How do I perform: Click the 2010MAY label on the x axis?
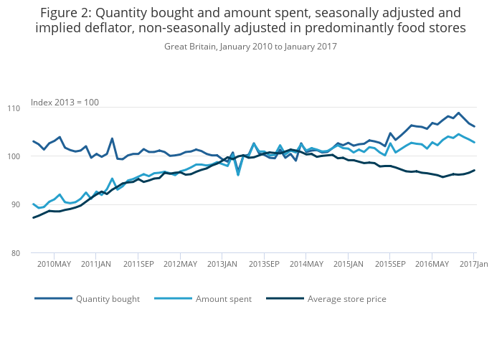(55, 265)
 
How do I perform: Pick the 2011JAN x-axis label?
(97, 265)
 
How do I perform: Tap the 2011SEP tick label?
(139, 265)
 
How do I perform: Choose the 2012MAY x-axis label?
(181, 265)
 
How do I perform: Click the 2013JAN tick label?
(222, 265)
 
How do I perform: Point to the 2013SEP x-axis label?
(265, 265)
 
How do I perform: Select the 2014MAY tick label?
(306, 265)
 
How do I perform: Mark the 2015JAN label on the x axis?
(349, 265)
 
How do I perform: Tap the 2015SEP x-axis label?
(390, 265)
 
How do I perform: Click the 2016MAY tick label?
(432, 265)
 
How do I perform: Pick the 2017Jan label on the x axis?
(473, 265)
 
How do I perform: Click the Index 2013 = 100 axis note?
(65, 103)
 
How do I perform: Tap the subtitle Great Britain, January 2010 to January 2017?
(250, 47)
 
